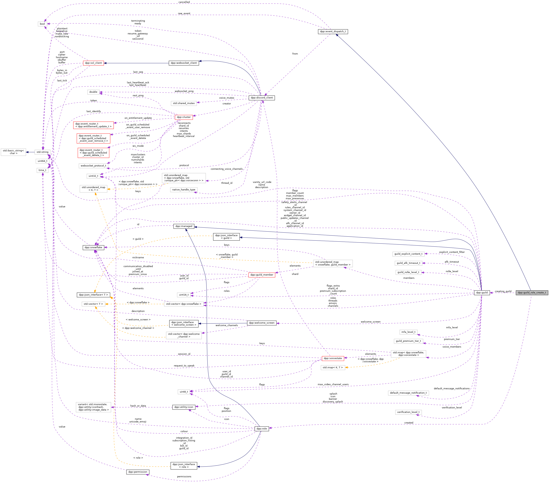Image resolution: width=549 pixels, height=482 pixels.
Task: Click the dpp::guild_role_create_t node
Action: click(x=532, y=292)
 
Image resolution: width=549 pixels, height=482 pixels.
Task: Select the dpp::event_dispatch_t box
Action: click(x=333, y=31)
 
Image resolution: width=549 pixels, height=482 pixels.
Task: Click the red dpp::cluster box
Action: click(x=184, y=117)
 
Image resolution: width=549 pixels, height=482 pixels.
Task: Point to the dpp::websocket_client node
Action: click(x=184, y=63)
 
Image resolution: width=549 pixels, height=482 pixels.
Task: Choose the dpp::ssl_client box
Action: click(x=93, y=63)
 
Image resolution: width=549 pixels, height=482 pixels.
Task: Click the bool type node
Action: click(x=42, y=24)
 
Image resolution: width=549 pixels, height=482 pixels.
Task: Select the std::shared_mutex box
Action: click(x=184, y=103)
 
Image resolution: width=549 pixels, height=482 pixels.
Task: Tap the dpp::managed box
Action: click(x=184, y=226)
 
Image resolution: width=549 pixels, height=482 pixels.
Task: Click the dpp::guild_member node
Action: click(x=262, y=275)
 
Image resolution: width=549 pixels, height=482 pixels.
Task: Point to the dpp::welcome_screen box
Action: click(x=262, y=323)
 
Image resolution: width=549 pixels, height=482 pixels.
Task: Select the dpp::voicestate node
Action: click(x=333, y=358)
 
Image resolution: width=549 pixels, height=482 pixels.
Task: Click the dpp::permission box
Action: click(x=138, y=472)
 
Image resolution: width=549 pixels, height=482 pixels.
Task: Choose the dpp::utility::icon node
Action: click(x=184, y=407)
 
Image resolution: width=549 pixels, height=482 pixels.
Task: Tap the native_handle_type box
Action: click(x=184, y=190)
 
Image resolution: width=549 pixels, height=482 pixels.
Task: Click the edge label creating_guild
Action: click(x=503, y=291)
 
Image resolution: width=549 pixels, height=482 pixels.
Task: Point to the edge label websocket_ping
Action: click(x=184, y=91)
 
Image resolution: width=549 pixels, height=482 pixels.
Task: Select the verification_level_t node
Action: click(x=408, y=412)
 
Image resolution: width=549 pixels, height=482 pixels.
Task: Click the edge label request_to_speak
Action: click(x=184, y=366)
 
